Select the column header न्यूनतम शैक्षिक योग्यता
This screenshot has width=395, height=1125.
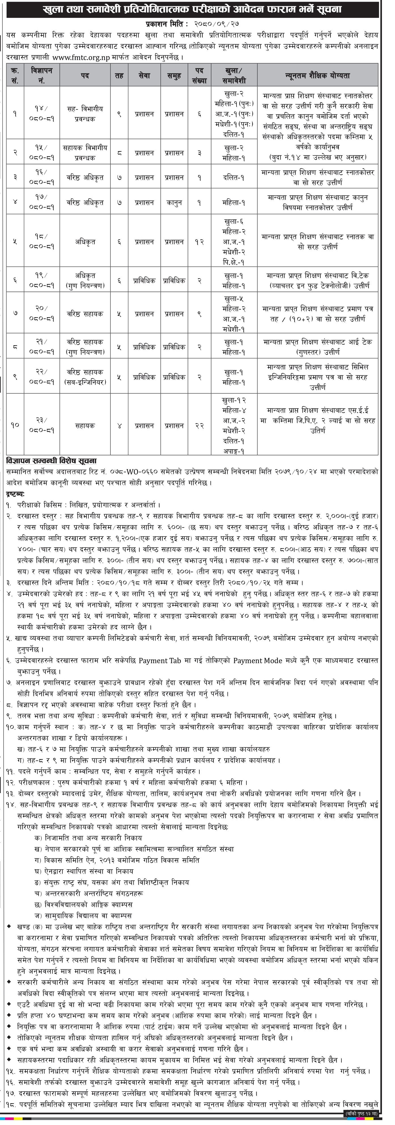click(x=317, y=75)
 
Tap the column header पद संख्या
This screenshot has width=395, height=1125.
click(x=199, y=75)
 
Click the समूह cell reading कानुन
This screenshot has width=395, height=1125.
click(x=174, y=203)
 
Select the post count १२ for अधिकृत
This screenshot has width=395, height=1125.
click(x=199, y=241)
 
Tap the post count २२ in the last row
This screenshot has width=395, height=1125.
click(x=199, y=425)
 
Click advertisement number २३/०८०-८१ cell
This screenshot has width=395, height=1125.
click(x=44, y=425)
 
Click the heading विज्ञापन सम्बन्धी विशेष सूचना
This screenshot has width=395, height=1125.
click(x=52, y=461)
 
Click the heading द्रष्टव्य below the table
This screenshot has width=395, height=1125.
click(x=16, y=494)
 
